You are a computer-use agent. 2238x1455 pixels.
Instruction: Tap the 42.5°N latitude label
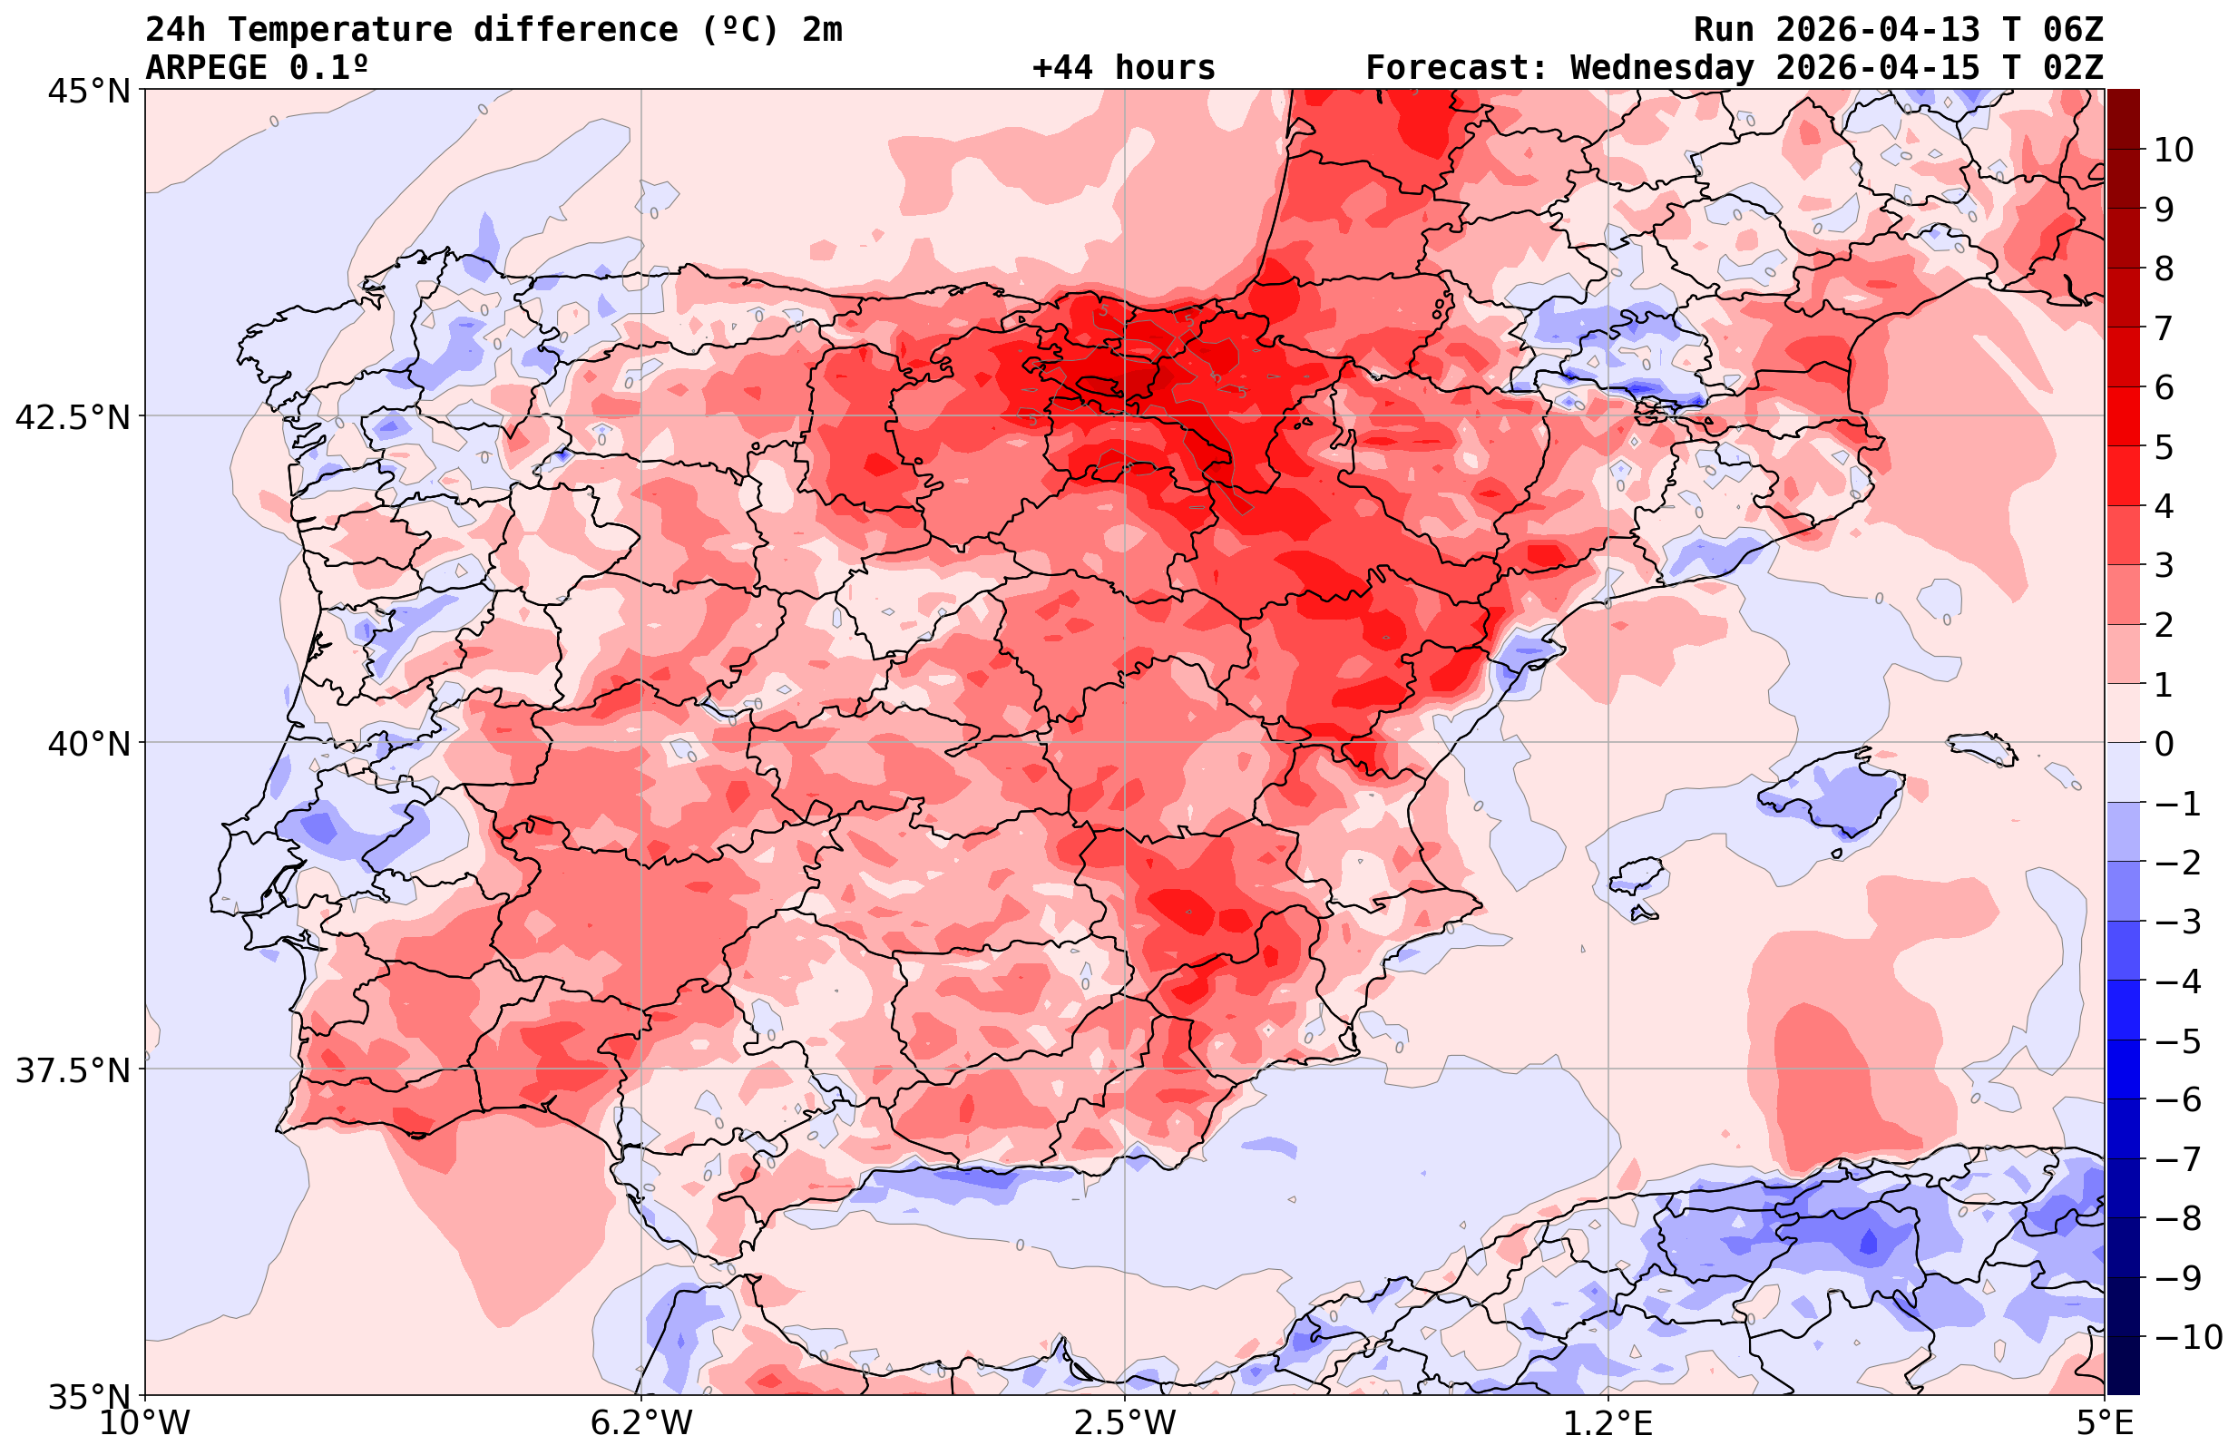click(73, 416)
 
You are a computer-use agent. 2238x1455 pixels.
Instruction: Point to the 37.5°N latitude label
click(73, 1070)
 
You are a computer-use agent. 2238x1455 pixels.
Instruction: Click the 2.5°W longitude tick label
click(1125, 1423)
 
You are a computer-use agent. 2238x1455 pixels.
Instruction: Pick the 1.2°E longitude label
click(1608, 1423)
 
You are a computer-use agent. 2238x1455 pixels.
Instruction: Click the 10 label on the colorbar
click(2173, 150)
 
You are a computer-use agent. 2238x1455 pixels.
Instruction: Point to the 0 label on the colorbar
click(2164, 744)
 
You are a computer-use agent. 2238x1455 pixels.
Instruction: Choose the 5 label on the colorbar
click(2164, 447)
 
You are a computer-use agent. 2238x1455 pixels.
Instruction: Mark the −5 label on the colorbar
click(2177, 1041)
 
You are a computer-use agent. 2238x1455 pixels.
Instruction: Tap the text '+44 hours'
click(1124, 68)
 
